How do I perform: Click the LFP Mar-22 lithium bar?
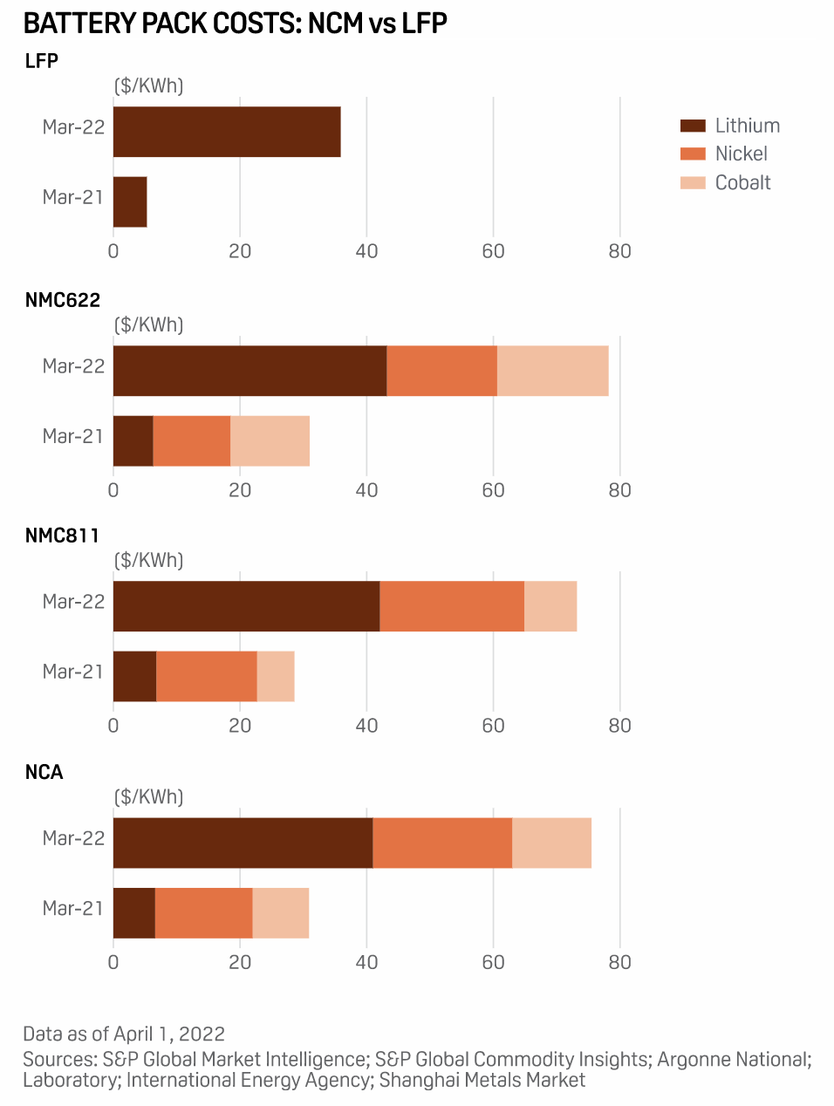(x=227, y=132)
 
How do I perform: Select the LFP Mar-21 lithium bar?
(x=130, y=201)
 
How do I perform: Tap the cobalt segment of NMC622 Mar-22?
(x=552, y=371)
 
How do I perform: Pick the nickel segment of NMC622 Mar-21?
(x=192, y=440)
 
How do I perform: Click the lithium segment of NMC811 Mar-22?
(x=246, y=606)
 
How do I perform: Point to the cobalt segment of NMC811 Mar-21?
(x=276, y=676)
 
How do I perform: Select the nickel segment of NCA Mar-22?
(x=442, y=843)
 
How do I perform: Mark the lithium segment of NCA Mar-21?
(x=134, y=912)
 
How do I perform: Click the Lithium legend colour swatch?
(x=693, y=126)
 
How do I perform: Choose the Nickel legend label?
(x=742, y=154)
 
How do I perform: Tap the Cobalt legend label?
(x=743, y=183)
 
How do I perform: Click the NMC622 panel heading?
(x=63, y=300)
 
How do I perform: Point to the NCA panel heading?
(x=44, y=772)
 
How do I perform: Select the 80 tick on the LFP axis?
(x=619, y=251)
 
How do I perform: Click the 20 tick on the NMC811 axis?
(x=240, y=726)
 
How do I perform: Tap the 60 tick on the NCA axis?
(x=493, y=962)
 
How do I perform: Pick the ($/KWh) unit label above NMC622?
(x=149, y=325)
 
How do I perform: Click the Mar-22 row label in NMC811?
(x=73, y=602)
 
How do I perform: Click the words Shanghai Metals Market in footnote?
(x=482, y=1080)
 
